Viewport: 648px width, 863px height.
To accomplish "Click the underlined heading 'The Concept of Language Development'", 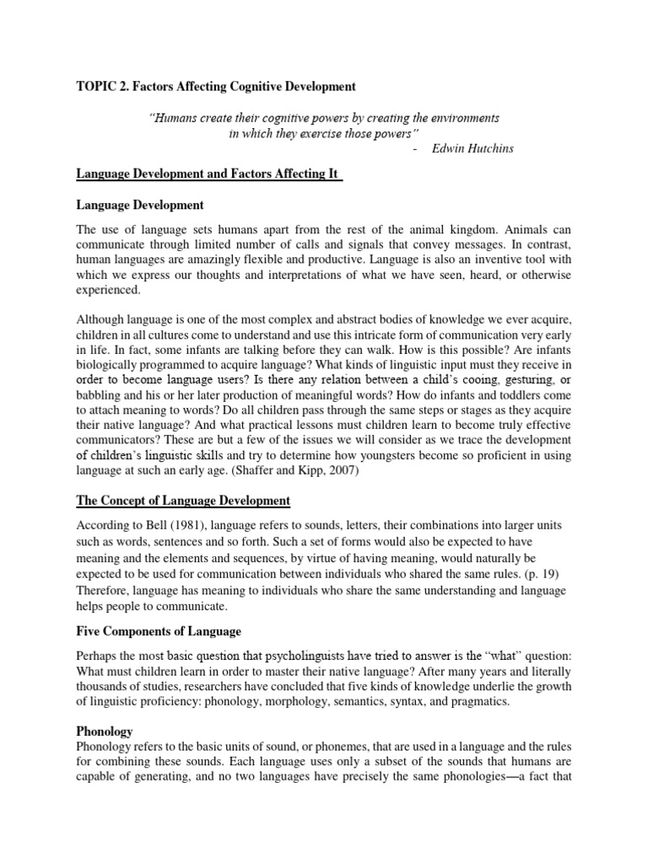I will pos(183,501).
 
